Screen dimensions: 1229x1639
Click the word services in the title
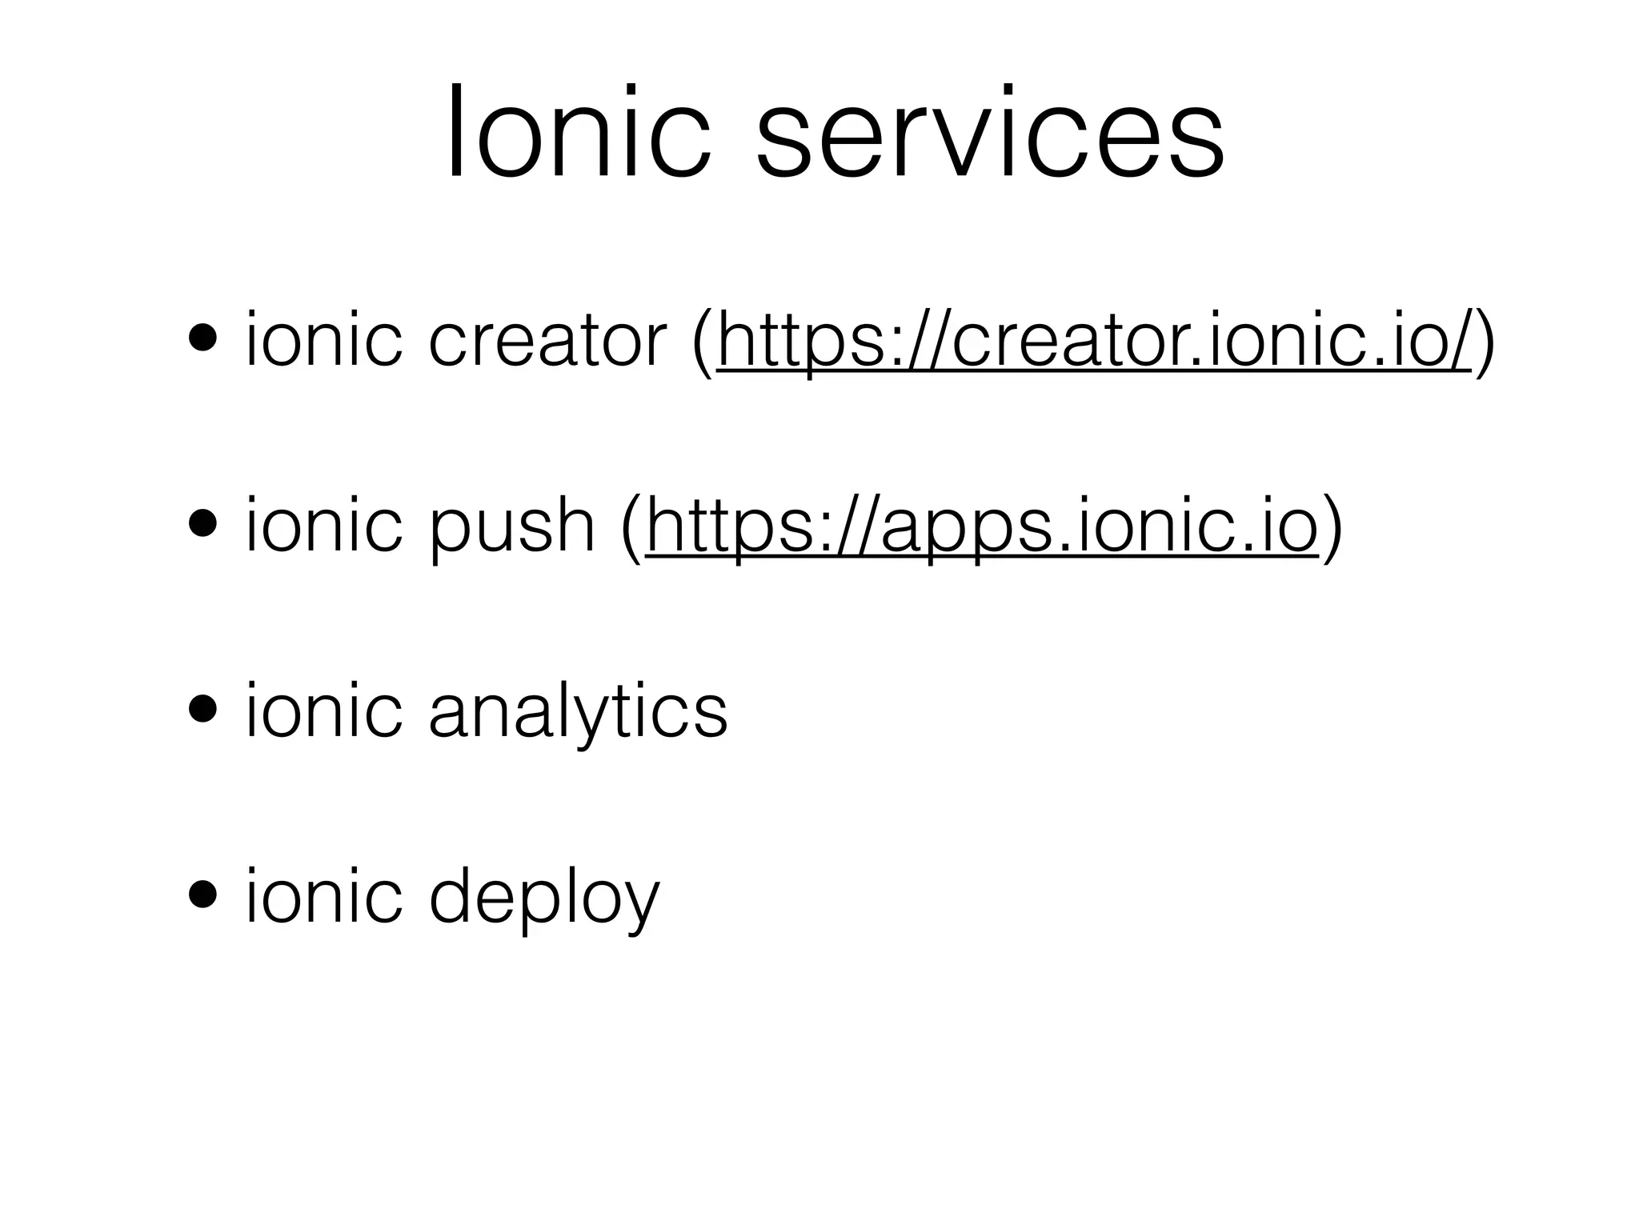989,133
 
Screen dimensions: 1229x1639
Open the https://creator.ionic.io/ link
1094,341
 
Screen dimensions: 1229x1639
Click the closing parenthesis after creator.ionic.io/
1485,342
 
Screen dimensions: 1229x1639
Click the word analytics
578,712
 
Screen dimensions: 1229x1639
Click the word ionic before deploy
323,895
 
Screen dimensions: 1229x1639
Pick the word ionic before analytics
323,710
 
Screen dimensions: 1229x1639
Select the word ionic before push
323,525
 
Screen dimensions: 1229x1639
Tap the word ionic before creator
323,339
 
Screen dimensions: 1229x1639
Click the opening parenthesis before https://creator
703,342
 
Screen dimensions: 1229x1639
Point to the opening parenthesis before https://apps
631,528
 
